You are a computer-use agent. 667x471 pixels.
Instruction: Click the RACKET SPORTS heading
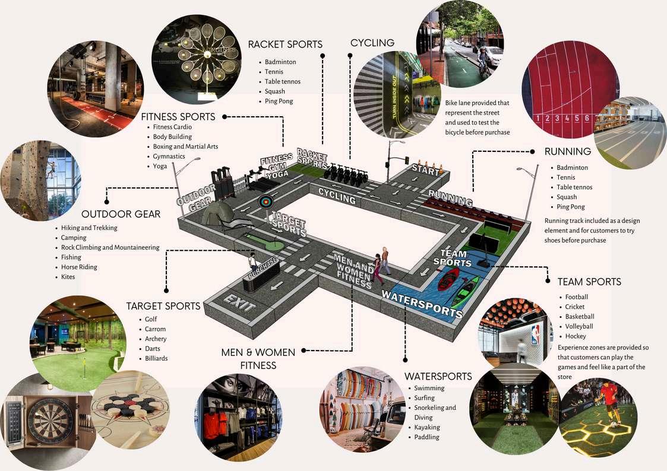285,44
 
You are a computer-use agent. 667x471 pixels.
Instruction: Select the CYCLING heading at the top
372,43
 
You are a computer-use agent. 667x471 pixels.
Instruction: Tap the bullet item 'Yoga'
160,167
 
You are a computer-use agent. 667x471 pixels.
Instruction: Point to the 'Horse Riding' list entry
79,267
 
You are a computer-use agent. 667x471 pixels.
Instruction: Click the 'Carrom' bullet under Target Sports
155,329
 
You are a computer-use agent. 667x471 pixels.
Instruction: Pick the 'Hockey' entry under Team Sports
575,336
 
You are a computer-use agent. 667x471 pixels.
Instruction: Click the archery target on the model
264,202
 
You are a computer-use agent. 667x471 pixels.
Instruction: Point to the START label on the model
426,171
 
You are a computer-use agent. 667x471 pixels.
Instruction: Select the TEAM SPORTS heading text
589,282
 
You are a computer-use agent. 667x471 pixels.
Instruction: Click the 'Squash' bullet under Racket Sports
275,91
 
